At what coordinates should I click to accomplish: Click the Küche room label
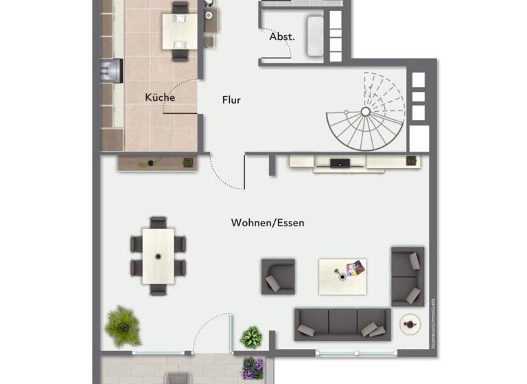160,97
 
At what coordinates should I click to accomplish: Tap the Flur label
231,100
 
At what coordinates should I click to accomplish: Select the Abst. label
282,36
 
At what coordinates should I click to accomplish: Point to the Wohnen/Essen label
268,223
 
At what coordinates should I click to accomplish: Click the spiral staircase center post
366,111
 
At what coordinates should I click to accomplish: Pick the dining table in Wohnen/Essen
159,256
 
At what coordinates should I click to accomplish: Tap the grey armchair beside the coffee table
278,276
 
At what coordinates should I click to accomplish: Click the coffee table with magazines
342,276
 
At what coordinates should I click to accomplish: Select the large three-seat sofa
342,324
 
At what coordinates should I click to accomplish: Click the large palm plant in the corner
124,326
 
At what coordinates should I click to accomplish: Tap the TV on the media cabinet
340,163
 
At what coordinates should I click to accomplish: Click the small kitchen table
179,30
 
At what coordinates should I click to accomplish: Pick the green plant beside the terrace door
251,337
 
